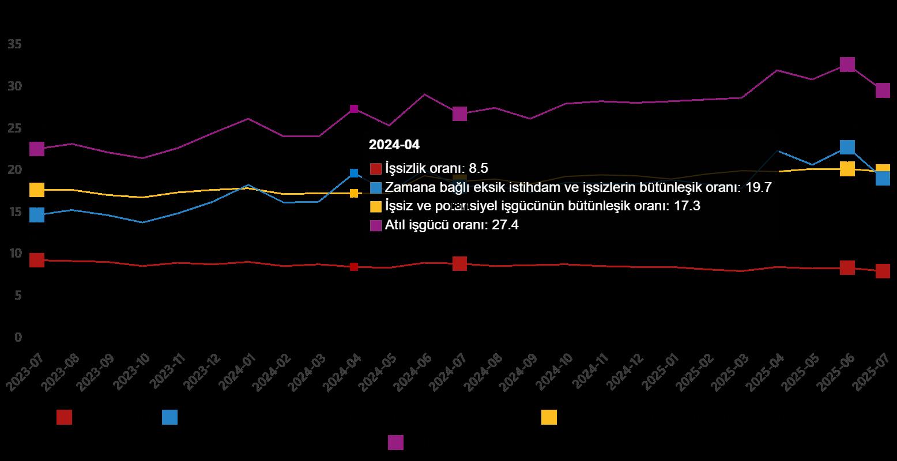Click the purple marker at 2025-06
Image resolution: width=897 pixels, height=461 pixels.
pyautogui.click(x=847, y=64)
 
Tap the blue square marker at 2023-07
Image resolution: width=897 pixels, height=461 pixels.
pyautogui.click(x=37, y=215)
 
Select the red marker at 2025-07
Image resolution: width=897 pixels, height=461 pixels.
pyautogui.click(x=883, y=271)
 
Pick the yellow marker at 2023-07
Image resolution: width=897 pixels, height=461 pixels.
pyautogui.click(x=37, y=190)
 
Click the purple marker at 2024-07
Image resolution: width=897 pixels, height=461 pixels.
pyautogui.click(x=459, y=114)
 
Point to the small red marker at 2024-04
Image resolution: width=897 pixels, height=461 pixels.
pyautogui.click(x=354, y=267)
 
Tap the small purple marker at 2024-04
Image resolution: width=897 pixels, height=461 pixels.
pyautogui.click(x=354, y=109)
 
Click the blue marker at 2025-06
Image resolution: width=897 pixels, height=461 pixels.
pyautogui.click(x=847, y=147)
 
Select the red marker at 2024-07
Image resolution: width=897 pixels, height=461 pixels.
pyautogui.click(x=459, y=263)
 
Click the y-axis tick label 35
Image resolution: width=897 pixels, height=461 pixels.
pyautogui.click(x=15, y=44)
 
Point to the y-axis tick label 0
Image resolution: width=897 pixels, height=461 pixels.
pyautogui.click(x=18, y=337)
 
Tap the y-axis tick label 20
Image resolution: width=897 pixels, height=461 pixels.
pyautogui.click(x=15, y=170)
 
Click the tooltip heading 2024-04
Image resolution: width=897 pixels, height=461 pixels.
pyautogui.click(x=394, y=145)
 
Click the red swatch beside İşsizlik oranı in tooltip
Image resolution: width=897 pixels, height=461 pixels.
pyautogui.click(x=376, y=169)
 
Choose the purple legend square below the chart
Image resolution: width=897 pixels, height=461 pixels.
pyautogui.click(x=395, y=443)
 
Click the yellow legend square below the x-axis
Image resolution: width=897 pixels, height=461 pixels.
pyautogui.click(x=549, y=417)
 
